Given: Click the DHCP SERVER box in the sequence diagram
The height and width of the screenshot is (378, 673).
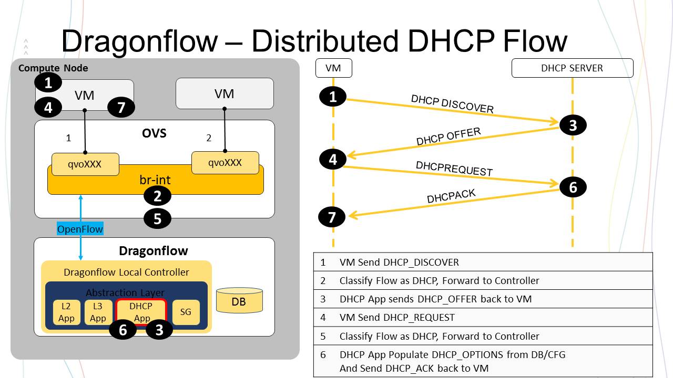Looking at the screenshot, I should coord(572,68).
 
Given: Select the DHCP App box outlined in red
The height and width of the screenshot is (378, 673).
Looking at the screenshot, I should coord(141,312).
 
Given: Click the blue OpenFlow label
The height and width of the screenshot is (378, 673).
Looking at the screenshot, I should coord(80,229).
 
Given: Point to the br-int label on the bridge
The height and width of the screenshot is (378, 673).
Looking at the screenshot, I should coord(155,180).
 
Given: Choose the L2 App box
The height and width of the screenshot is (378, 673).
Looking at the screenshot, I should coord(67,312).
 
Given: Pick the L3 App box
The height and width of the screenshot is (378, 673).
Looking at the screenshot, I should coord(98,312).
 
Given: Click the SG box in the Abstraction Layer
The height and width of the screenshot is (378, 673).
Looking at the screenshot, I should coord(186,312).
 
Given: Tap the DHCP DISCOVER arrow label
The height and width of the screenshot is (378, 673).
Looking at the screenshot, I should coord(452,104).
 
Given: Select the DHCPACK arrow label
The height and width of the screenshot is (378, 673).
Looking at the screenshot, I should coord(451,196).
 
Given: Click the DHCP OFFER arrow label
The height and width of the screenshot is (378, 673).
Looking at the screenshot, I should coord(448,136).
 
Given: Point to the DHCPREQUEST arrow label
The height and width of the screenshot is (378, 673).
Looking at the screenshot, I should coord(454,169).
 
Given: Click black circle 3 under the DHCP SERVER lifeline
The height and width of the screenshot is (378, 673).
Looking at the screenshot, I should coord(573,125).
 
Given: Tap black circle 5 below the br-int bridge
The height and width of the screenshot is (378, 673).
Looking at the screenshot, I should coord(158,218).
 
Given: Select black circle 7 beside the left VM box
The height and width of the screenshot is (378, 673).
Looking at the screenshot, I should coord(121,108).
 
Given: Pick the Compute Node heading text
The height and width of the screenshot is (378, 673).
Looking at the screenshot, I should coord(53,68).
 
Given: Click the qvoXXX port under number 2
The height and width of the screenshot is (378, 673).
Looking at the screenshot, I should coord(225,162).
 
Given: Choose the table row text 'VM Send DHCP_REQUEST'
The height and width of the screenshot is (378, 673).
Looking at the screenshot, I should coord(397,318).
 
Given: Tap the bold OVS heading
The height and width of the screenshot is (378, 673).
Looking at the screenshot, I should coord(155,133).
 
